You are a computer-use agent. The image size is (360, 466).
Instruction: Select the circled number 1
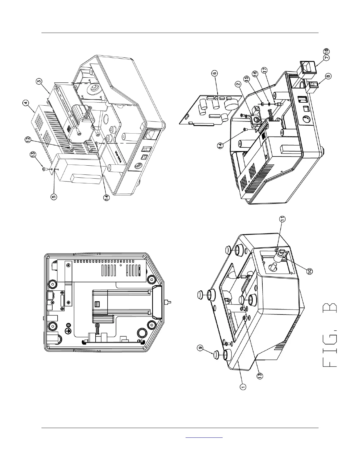243,387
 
